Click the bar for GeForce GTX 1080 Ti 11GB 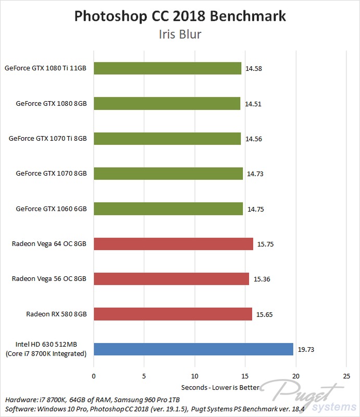click(x=167, y=68)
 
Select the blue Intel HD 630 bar click(x=193, y=349)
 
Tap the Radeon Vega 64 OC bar click(x=173, y=244)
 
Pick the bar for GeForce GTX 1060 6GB click(x=168, y=209)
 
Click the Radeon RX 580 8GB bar click(x=172, y=314)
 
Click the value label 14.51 click(x=254, y=104)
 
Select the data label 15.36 click(x=262, y=279)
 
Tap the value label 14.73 click(x=256, y=174)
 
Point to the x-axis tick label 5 click(x=144, y=376)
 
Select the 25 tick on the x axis click(x=346, y=376)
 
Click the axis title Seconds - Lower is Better click(x=220, y=387)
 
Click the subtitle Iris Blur click(x=180, y=35)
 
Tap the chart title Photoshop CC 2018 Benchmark click(x=180, y=16)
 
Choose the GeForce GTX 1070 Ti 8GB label click(x=47, y=139)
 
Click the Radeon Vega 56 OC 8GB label click(x=49, y=279)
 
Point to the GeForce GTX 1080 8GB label click(x=51, y=104)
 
